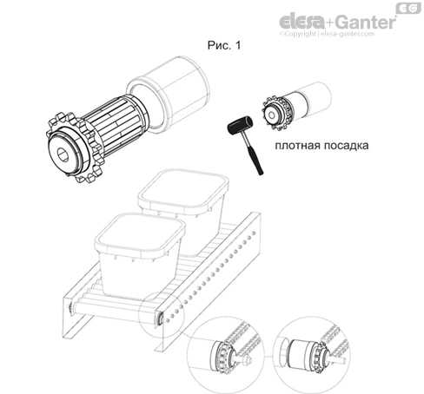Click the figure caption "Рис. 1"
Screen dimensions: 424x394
[x=224, y=45]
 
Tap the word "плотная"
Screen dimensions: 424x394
[x=297, y=145]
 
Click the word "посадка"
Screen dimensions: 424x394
[x=346, y=145]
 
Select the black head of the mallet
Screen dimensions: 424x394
[x=240, y=125]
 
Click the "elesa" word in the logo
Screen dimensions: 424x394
[x=301, y=22]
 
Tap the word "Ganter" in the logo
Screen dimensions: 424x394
[x=366, y=22]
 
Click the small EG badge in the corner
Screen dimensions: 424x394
[x=408, y=9]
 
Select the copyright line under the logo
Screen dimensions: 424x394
[x=327, y=34]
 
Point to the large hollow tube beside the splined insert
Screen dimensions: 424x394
[x=168, y=95]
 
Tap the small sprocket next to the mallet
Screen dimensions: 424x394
[x=275, y=114]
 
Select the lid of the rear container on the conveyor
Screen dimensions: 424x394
[x=183, y=190]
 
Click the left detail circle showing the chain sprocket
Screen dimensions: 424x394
[x=225, y=355]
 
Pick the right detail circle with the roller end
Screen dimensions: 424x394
[x=312, y=355]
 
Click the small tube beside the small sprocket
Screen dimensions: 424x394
[x=312, y=99]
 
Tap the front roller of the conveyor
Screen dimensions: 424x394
[x=116, y=309]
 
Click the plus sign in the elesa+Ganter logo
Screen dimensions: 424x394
[x=330, y=23]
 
